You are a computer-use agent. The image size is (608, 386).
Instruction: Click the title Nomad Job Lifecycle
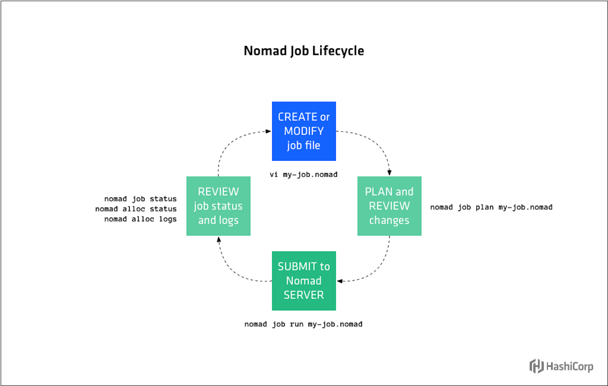click(x=304, y=51)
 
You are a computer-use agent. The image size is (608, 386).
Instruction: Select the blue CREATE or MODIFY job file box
click(x=304, y=131)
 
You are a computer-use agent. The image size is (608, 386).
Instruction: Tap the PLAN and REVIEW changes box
click(x=389, y=206)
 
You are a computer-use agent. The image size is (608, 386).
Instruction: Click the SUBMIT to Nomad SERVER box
click(x=304, y=281)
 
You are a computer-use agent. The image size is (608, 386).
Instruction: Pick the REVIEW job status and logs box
click(x=218, y=206)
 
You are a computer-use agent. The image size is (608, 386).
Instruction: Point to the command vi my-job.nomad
click(x=304, y=174)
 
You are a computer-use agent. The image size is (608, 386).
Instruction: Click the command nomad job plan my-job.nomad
click(x=491, y=207)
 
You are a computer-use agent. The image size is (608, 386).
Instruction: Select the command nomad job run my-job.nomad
click(x=303, y=324)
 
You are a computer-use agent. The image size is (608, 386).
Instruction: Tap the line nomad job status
click(x=140, y=199)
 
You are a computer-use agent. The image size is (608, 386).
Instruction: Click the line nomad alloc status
click(x=136, y=209)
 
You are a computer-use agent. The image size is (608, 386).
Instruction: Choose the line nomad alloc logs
click(x=140, y=219)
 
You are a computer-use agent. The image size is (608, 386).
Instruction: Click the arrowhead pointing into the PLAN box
click(x=389, y=173)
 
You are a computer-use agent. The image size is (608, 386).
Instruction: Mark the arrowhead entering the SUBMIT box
click(x=340, y=281)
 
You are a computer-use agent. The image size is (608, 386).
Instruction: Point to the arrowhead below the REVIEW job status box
click(x=219, y=239)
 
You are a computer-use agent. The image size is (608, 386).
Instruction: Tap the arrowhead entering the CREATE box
click(x=268, y=131)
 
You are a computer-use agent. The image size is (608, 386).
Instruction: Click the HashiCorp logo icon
click(x=536, y=366)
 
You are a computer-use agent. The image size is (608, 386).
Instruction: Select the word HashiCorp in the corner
click(x=570, y=367)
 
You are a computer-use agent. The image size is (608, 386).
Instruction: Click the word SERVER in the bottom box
click(x=304, y=295)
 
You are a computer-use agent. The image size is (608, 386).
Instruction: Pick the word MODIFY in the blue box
click(x=304, y=131)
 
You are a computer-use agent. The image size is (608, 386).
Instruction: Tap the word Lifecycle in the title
click(x=338, y=51)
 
